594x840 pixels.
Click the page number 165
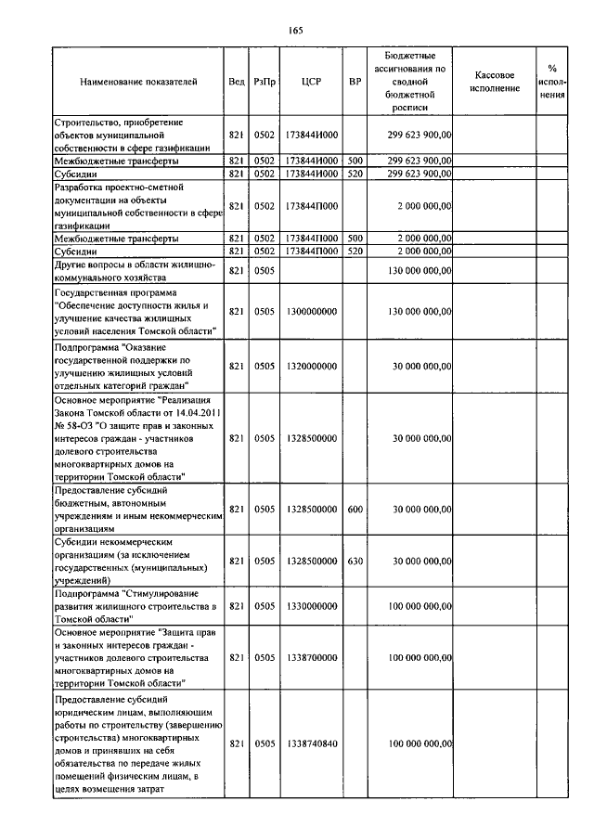296,31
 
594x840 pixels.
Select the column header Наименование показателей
138,82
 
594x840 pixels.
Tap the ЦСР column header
312,82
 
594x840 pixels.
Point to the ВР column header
355,82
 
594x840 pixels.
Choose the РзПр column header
265,82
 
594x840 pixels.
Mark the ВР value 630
355,561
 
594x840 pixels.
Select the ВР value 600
355,509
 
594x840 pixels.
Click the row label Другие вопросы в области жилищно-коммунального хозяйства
136,270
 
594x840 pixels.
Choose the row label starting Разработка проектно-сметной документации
136,205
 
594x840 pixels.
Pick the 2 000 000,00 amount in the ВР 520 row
420,251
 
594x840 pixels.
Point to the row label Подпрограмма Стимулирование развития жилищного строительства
136,605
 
